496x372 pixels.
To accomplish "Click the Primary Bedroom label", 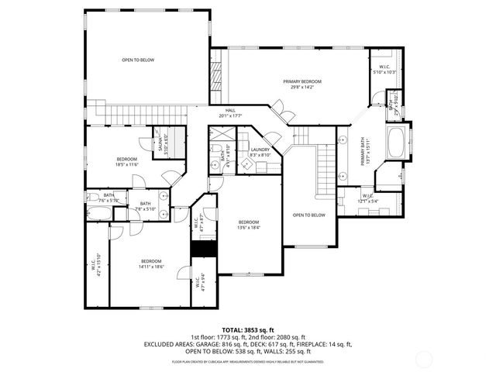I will click(301, 81).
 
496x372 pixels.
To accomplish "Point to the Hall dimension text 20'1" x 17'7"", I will click(230, 116).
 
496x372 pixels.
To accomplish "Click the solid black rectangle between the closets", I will click(202, 249).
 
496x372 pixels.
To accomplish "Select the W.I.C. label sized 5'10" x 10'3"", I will click(384, 67).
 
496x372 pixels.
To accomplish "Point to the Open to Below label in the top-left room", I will click(138, 60).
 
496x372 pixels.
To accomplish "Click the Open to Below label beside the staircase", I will click(308, 215).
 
